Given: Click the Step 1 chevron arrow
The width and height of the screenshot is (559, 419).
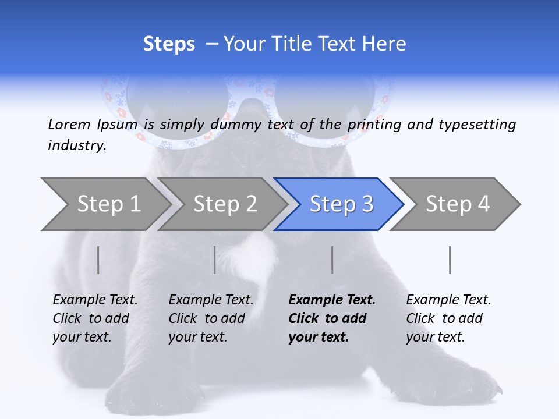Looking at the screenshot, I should coord(105,204).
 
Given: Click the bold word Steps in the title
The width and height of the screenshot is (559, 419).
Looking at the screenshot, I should coord(169,44).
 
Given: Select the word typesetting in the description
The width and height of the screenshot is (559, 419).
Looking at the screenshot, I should coord(477,125).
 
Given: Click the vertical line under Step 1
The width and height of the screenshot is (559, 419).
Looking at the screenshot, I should coord(98,260).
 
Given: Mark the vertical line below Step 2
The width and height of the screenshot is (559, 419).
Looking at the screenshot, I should coord(215,260).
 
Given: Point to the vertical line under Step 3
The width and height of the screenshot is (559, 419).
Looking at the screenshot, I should coord(332,260).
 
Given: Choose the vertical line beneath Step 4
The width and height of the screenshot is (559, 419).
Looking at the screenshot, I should coord(450,260).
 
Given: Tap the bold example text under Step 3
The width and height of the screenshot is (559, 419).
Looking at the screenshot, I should coord(331,318).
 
